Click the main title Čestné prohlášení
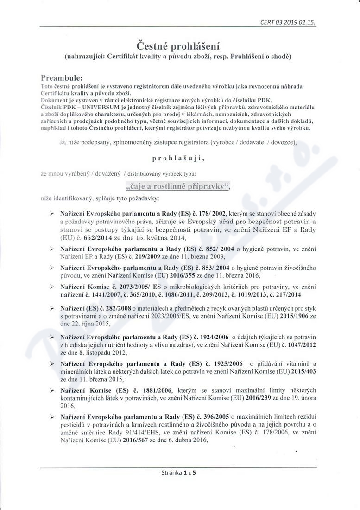[180, 45]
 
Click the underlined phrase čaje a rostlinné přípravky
[178, 186]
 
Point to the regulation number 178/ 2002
[213, 213]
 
